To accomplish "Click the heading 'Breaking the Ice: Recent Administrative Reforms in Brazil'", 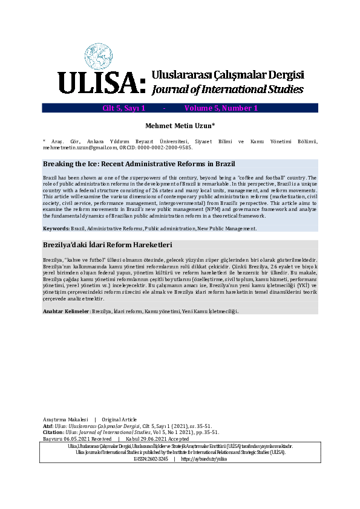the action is tap(139, 164).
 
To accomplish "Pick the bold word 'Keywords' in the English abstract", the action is tap(55, 229).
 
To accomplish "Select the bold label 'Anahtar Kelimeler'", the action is tap(65, 311).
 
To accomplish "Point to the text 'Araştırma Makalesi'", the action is tap(65, 419).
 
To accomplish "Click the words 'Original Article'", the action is tap(120, 419).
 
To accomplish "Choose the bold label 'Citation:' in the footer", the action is tap(53, 432).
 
